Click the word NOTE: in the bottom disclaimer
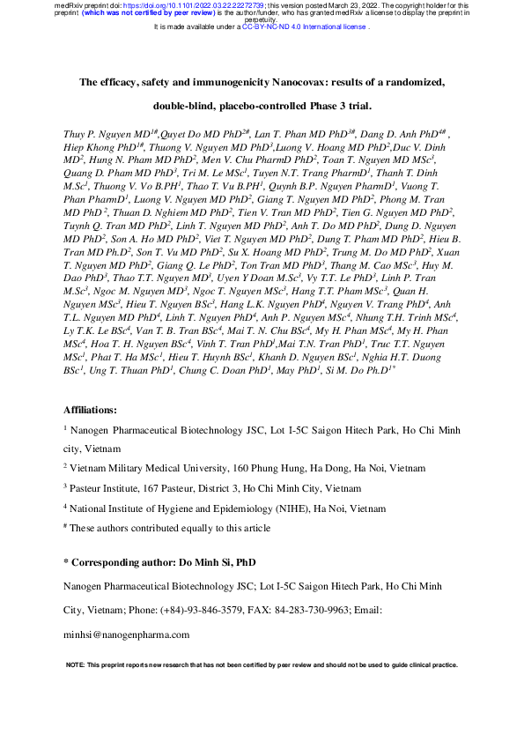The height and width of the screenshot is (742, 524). click(x=76, y=664)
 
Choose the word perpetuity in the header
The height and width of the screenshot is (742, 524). click(x=262, y=19)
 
